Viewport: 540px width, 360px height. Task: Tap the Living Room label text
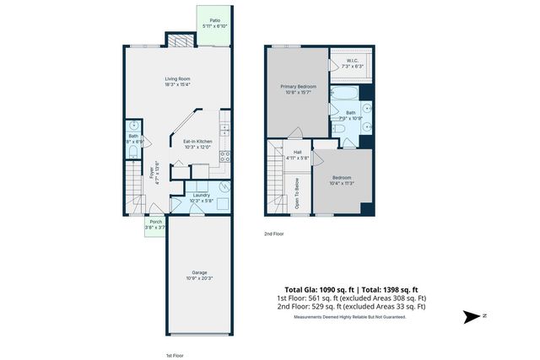point(177,81)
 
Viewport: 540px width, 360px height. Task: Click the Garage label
point(199,274)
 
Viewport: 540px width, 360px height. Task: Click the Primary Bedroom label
point(296,88)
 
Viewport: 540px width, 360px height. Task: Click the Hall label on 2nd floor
point(298,154)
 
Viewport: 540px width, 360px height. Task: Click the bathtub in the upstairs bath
point(343,94)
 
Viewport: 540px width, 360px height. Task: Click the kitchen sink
point(224,131)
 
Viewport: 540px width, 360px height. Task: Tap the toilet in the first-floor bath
point(133,126)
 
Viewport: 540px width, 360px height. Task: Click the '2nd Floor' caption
point(274,234)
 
